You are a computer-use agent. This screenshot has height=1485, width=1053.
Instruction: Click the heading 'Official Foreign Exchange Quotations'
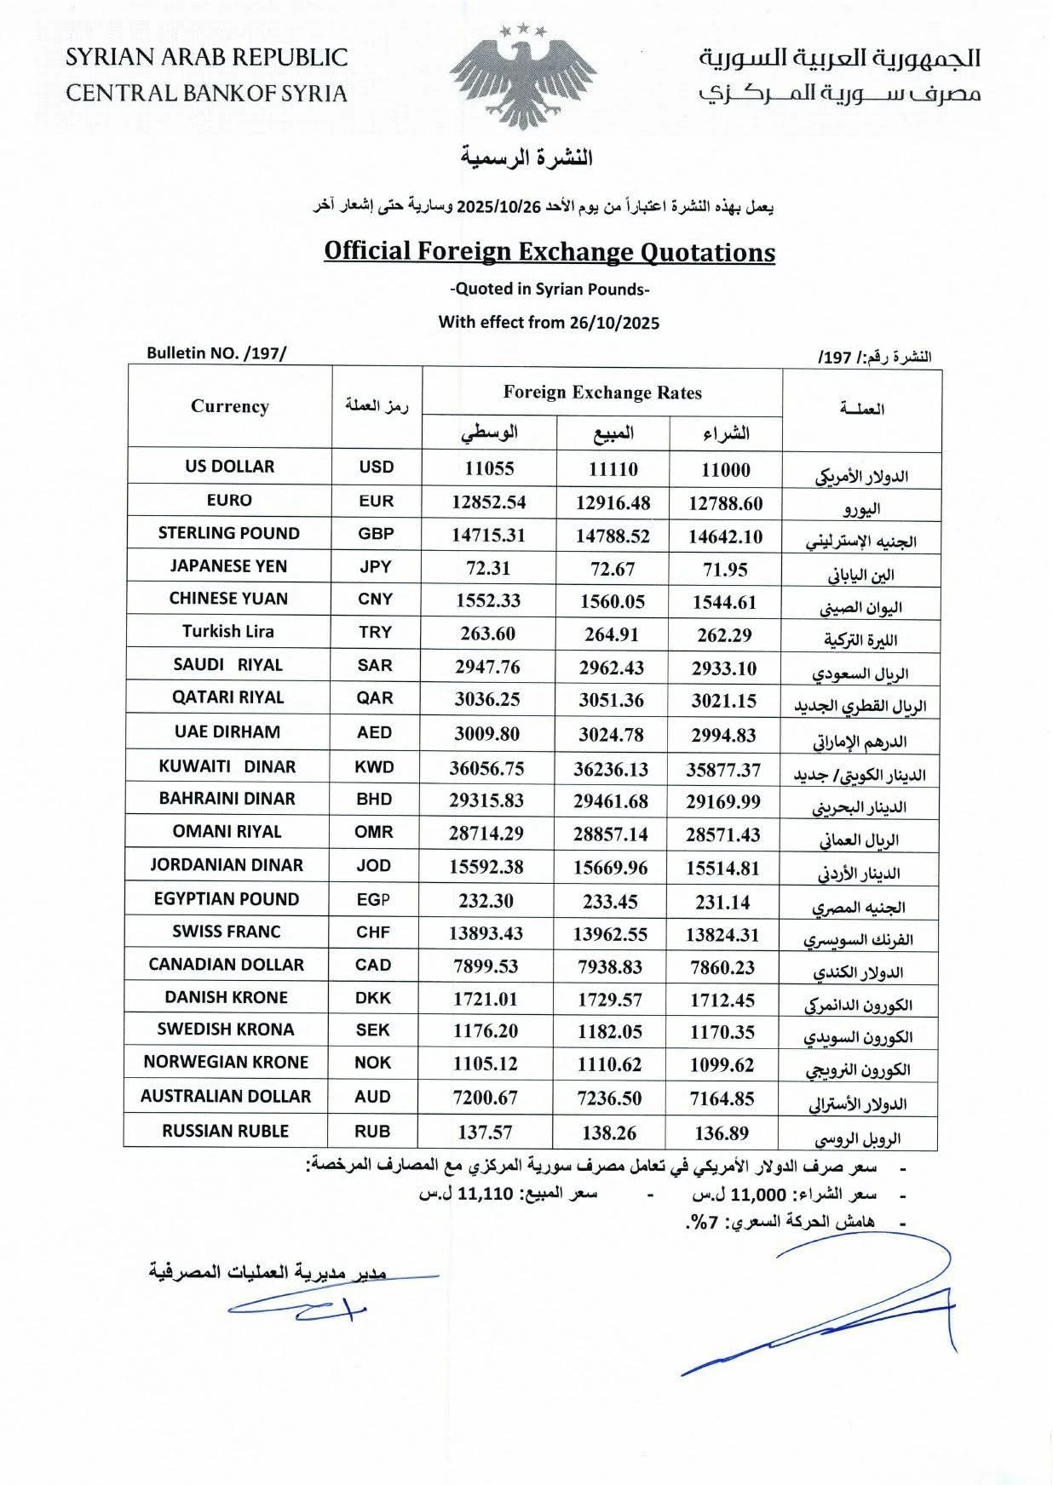(550, 251)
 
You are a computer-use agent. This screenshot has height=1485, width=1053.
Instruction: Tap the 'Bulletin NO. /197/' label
(218, 353)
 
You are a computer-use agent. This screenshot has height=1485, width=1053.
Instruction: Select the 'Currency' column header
(230, 406)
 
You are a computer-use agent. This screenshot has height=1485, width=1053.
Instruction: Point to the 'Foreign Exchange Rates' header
(602, 393)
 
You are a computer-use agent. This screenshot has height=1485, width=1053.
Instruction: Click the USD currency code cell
(377, 467)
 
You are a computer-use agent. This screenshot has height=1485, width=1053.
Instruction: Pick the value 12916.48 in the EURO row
(613, 503)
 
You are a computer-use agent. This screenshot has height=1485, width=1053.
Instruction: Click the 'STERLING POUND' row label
(229, 533)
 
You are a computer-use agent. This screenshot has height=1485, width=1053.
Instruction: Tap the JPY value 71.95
(724, 570)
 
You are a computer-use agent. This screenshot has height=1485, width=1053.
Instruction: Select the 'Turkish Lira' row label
(227, 631)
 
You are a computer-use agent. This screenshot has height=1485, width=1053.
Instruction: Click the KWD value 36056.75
(486, 768)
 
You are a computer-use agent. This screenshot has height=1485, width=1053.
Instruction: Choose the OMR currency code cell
(374, 832)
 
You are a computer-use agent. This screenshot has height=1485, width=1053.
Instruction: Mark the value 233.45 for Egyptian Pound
(611, 902)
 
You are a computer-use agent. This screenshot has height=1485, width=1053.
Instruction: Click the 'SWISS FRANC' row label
(227, 932)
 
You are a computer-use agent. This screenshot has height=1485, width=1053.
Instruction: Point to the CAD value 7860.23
(722, 967)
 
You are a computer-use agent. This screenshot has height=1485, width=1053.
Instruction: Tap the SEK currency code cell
(373, 1029)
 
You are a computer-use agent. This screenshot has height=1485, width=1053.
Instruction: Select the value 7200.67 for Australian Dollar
(486, 1098)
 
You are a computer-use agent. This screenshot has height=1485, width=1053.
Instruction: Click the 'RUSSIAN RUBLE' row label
(226, 1131)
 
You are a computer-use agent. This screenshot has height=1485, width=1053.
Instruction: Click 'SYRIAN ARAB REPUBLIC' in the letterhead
(207, 58)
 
